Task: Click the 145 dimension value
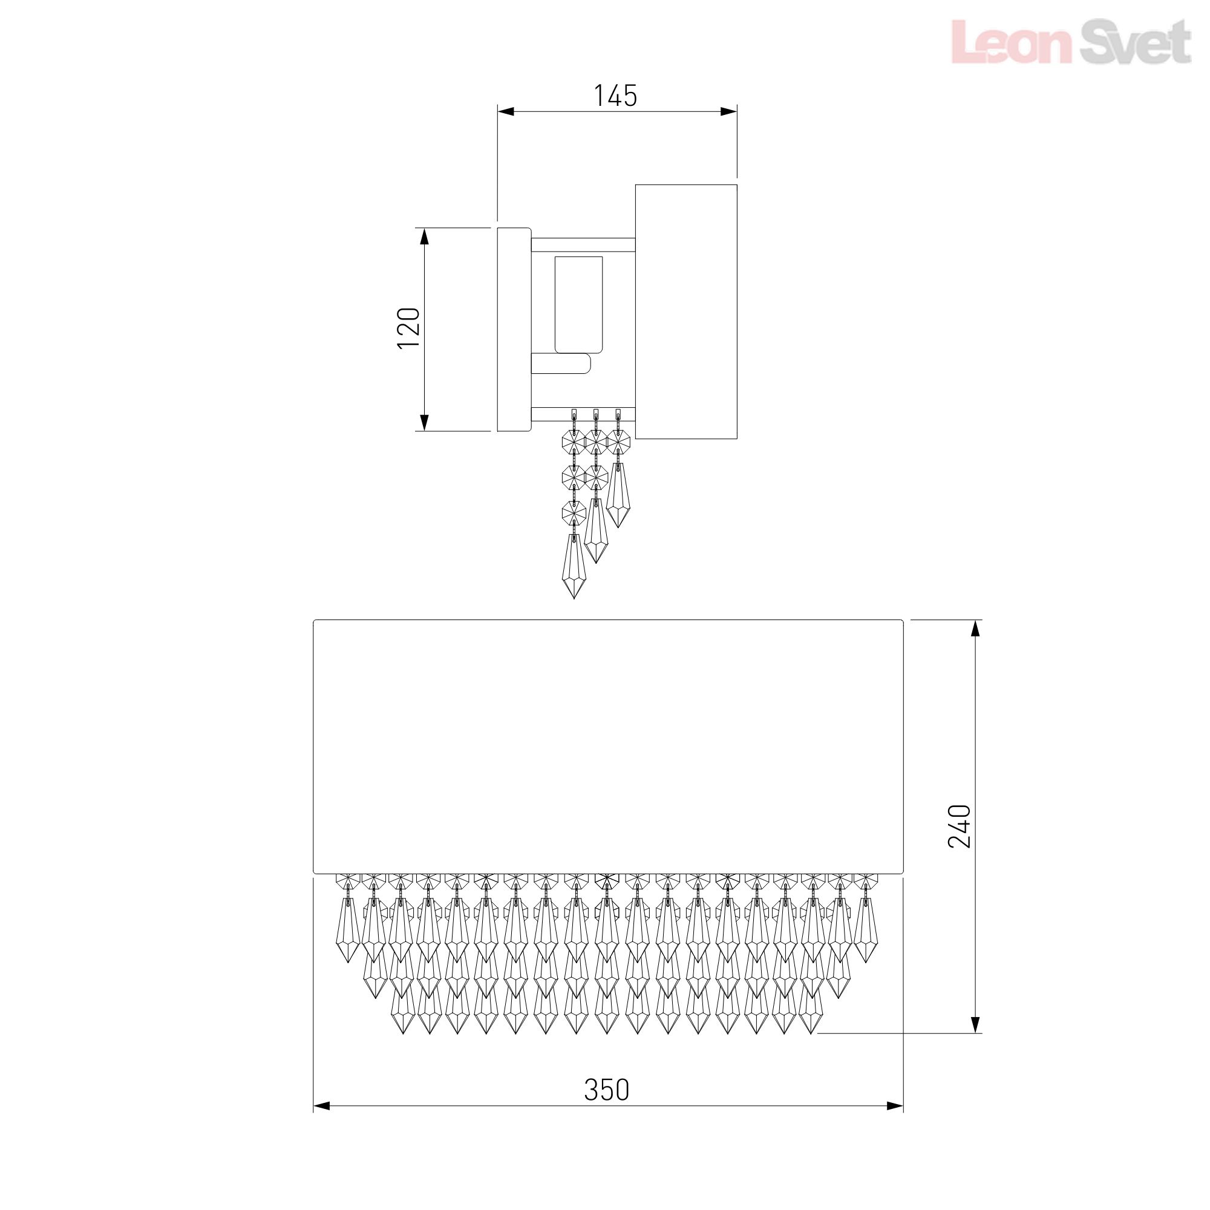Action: (x=615, y=96)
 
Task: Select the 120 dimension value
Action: (x=409, y=328)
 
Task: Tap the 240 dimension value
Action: (x=959, y=826)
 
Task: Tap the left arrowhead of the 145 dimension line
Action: (x=506, y=112)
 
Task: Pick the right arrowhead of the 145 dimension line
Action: (x=728, y=112)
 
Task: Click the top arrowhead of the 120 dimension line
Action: (x=424, y=237)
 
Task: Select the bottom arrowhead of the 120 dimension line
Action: (x=424, y=423)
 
